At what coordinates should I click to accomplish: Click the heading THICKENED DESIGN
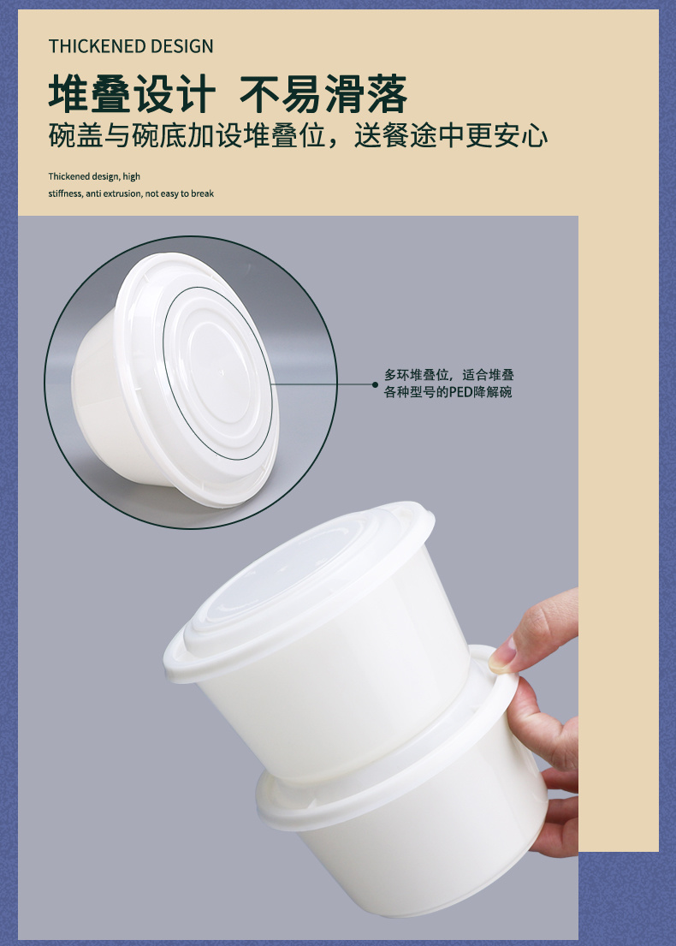[x=131, y=46]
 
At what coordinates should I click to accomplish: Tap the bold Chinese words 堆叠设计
[x=132, y=94]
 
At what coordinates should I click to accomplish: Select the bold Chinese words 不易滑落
[x=323, y=94]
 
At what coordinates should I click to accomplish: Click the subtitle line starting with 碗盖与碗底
[x=298, y=135]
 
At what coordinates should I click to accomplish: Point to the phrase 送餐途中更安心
[x=451, y=135]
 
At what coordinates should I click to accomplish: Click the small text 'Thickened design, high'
[x=94, y=176]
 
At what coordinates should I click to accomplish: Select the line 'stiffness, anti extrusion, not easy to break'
[x=131, y=193]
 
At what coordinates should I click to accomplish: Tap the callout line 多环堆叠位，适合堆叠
[x=449, y=375]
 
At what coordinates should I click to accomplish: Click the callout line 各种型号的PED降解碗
[x=448, y=392]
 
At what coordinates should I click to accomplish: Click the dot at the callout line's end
[x=375, y=384]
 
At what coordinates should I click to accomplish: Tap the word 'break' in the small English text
[x=203, y=193]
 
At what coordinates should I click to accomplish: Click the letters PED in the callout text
[x=461, y=392]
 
